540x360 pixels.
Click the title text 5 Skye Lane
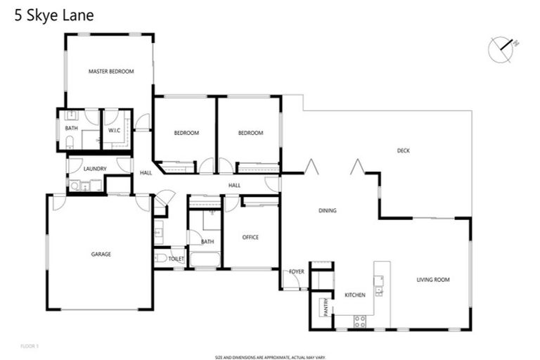pyautogui.click(x=54, y=15)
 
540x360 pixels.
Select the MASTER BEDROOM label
pyautogui.click(x=110, y=71)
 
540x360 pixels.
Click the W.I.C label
pyautogui.click(x=115, y=130)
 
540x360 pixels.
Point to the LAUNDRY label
pyautogui.click(x=94, y=169)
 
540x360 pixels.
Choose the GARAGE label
pyautogui.click(x=101, y=254)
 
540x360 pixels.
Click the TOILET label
pyautogui.click(x=176, y=259)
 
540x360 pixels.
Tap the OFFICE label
pyautogui.click(x=250, y=237)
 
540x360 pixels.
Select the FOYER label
pyautogui.click(x=296, y=271)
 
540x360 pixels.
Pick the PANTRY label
pyautogui.click(x=325, y=307)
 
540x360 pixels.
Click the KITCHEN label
pyautogui.click(x=354, y=295)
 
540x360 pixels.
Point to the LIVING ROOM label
pyautogui.click(x=432, y=280)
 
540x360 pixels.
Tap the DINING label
pyautogui.click(x=327, y=210)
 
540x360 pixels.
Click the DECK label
pyautogui.click(x=403, y=150)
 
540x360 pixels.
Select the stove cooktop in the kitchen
pyautogui.click(x=359, y=321)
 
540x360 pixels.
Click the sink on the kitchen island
pyautogui.click(x=379, y=290)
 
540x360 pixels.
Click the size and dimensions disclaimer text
pyautogui.click(x=270, y=357)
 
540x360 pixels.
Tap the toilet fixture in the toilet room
pyautogui.click(x=161, y=259)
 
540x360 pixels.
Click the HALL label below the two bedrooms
pyautogui.click(x=234, y=185)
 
